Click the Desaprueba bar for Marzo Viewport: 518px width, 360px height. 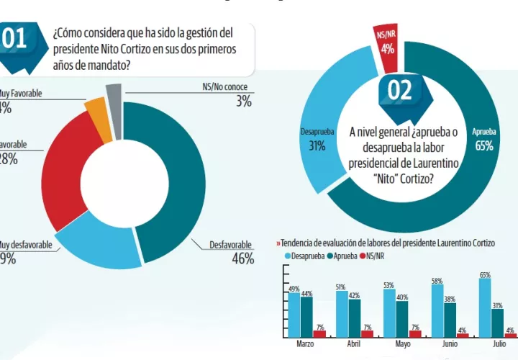(x=294, y=314)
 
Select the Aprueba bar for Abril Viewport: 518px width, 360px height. (x=354, y=318)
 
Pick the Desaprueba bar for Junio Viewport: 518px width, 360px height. (x=437, y=310)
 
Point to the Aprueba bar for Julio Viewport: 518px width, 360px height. (x=498, y=323)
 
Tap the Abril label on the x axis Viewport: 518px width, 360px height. (x=353, y=343)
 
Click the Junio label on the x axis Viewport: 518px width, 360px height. (x=450, y=343)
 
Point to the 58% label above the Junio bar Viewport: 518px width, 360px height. (x=437, y=281)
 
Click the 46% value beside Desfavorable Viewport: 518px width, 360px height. (x=242, y=259)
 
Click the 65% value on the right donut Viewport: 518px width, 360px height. (x=483, y=146)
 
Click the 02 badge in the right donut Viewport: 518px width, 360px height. (x=399, y=92)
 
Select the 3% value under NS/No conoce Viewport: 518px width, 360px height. (x=244, y=102)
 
